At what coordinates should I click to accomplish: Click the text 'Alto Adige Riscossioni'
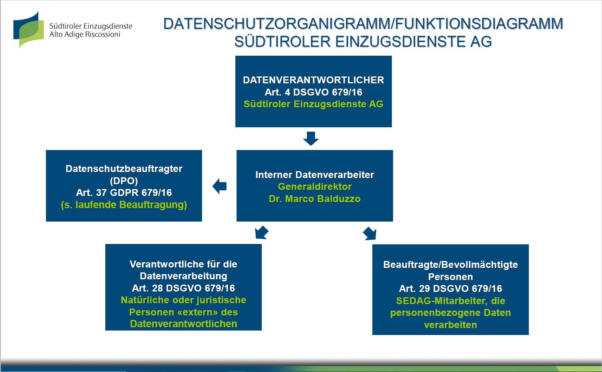[85, 35]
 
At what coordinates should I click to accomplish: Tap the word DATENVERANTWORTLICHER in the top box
[313, 80]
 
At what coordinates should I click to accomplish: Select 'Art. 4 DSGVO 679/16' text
[313, 92]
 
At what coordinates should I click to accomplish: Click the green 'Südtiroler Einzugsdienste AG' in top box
[313, 104]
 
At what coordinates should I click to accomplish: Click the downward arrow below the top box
[311, 138]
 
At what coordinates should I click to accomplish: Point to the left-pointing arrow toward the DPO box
[220, 186]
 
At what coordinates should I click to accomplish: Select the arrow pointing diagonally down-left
[261, 233]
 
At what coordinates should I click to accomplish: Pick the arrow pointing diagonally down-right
[369, 233]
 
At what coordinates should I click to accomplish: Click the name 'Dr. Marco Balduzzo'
[315, 199]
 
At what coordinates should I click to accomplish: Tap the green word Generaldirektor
[315, 187]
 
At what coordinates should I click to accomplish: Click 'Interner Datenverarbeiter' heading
[315, 175]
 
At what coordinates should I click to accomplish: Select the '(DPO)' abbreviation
[124, 181]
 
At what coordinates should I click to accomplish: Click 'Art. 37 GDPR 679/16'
[124, 193]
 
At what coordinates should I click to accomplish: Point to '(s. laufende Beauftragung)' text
[124, 205]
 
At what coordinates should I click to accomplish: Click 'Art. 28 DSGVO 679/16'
[183, 288]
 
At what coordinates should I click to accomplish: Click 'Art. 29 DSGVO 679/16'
[450, 289]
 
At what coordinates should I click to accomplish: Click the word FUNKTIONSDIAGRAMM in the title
[479, 24]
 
